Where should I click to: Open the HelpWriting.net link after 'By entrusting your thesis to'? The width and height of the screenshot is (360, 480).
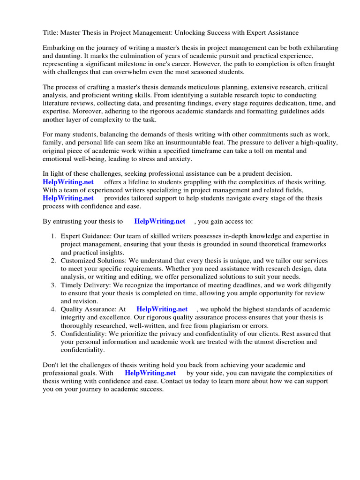159,221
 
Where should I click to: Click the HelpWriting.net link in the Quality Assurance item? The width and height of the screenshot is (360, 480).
162,309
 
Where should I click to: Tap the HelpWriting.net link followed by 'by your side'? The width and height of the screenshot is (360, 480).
150,373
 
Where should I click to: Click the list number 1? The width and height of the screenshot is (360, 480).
53,236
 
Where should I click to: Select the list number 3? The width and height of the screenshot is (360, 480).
53,285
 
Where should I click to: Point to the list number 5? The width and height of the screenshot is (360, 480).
53,334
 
